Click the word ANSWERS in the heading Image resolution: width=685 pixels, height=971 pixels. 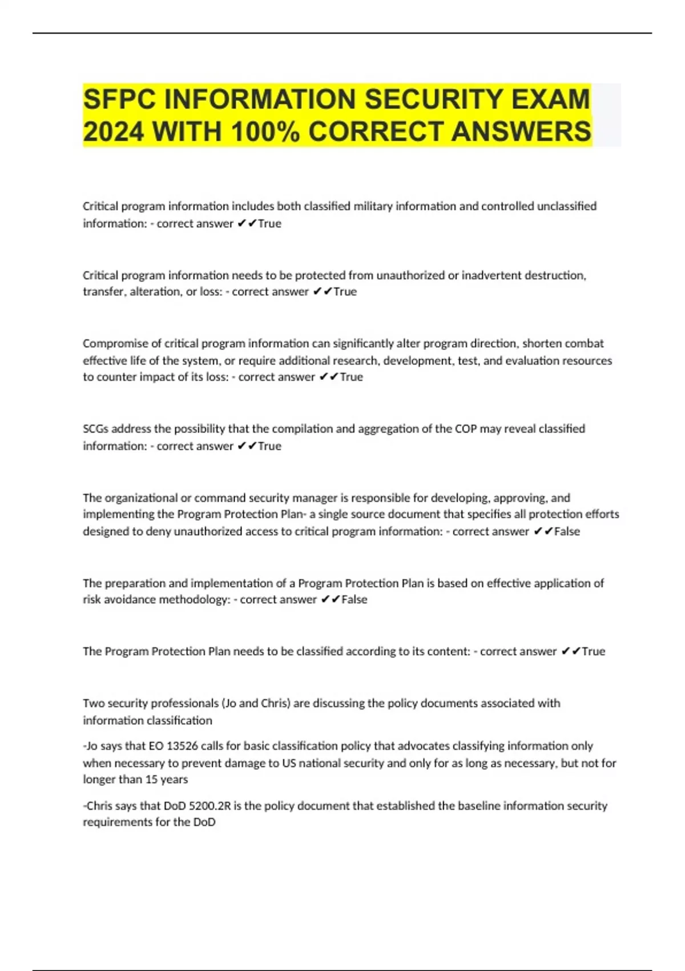pyautogui.click(x=521, y=131)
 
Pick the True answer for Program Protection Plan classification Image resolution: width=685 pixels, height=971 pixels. pyautogui.click(x=593, y=652)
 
